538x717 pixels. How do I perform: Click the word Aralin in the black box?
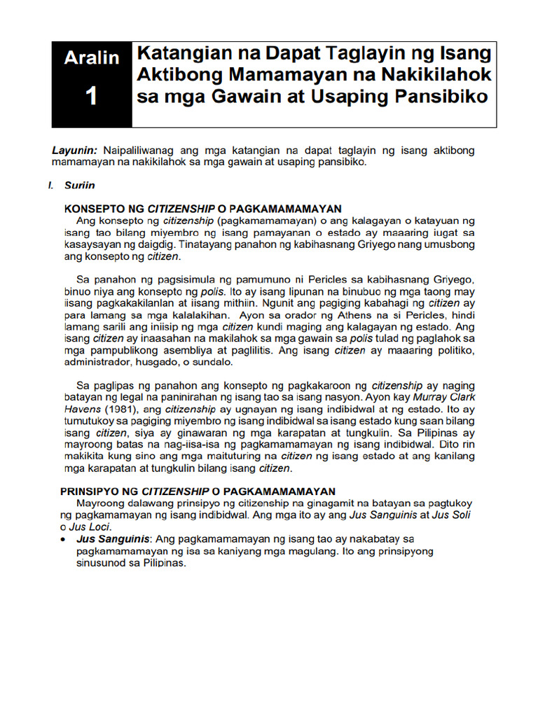tap(91, 58)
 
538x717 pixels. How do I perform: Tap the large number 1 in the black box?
tap(91, 97)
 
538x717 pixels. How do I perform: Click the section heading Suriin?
tap(80, 186)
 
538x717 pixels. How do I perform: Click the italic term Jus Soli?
tap(455, 515)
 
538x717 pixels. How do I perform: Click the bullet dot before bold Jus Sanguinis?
tap(64, 539)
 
